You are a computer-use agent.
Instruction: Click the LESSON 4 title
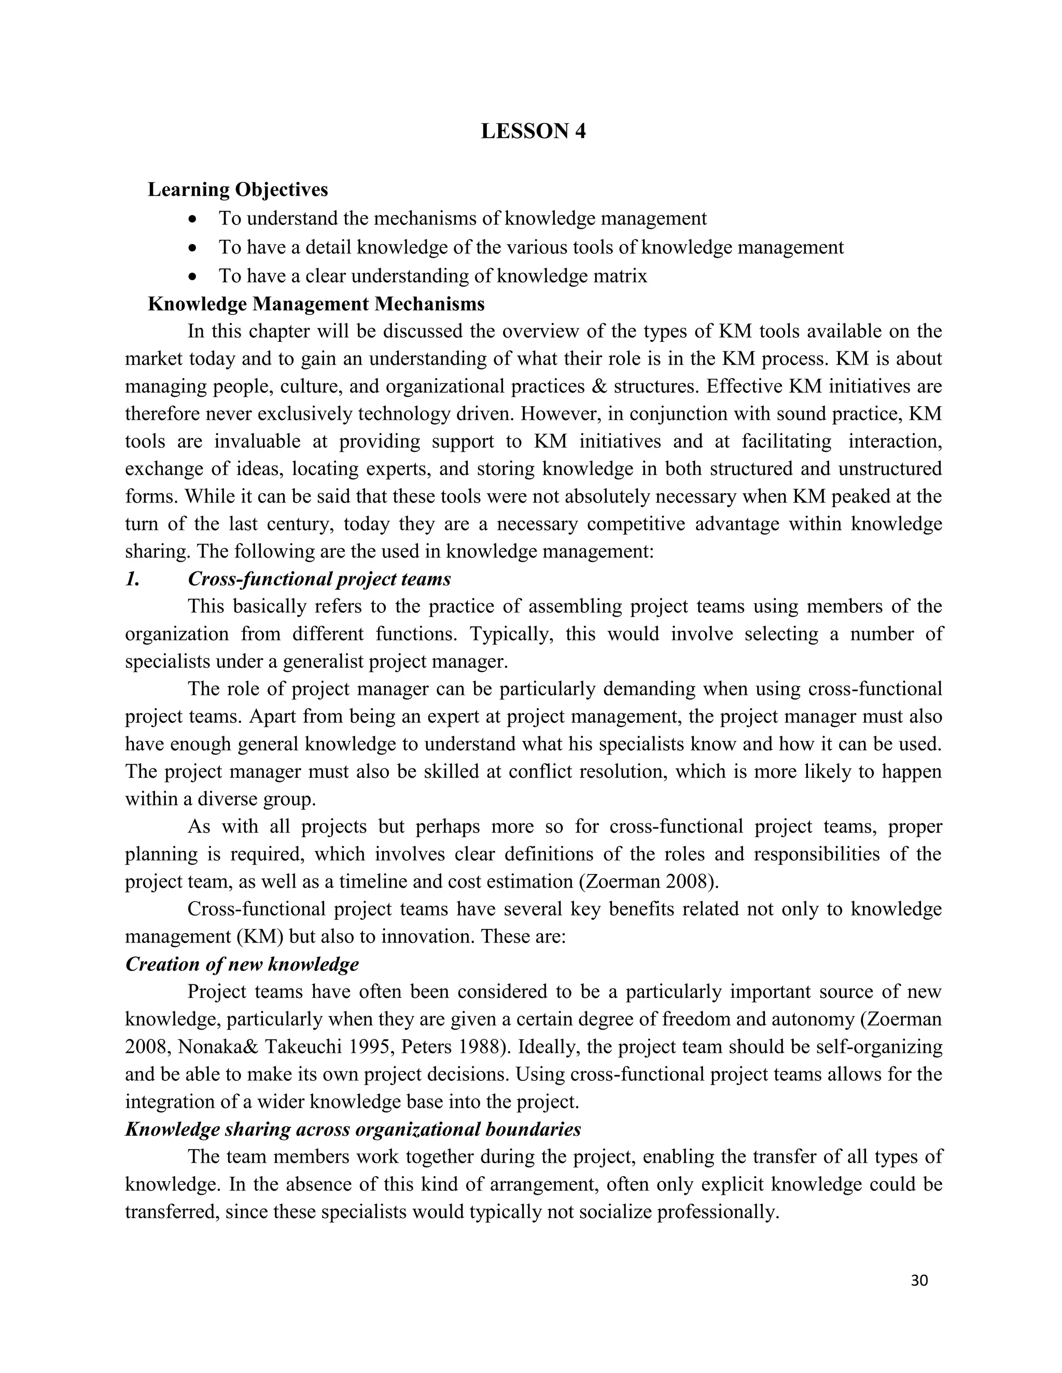pos(533,132)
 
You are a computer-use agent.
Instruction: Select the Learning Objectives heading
pos(238,189)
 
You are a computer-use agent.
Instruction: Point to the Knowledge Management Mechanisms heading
pos(316,304)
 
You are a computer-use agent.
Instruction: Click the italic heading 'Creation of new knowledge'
pos(242,964)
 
